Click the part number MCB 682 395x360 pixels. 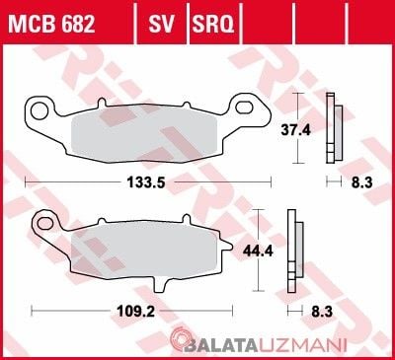pos(51,24)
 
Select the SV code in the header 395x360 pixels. pos(161,24)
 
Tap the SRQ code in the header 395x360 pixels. pos(213,24)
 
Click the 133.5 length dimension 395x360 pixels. pos(146,182)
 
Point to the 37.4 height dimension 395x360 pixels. pos(295,130)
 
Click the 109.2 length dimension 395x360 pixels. pos(136,311)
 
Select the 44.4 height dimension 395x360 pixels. pos(258,252)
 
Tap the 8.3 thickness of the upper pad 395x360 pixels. pos(361,182)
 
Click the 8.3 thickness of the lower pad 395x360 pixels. pos(322,311)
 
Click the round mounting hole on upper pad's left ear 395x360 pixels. pos(39,110)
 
